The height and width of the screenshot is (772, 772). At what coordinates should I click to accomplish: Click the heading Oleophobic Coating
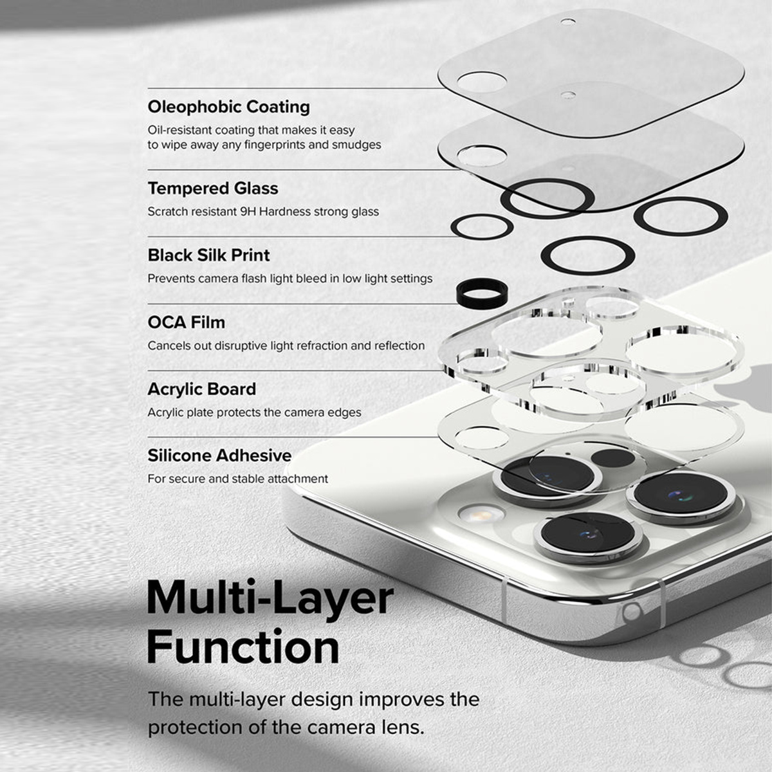tap(229, 107)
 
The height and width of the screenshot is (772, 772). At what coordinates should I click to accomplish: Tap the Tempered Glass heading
tap(213, 188)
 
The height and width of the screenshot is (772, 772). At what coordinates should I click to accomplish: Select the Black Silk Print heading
tap(208, 255)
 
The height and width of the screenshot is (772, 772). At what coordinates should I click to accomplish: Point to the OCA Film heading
tap(187, 322)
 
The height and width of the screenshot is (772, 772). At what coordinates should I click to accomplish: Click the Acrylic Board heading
tap(201, 389)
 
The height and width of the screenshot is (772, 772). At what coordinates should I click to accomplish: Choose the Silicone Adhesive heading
tap(219, 455)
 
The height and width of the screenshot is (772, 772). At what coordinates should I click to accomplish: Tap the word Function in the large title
tap(243, 647)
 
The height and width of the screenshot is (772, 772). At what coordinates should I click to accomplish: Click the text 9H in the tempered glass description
tap(248, 212)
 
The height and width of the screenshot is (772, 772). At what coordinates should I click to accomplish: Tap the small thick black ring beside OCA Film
tap(482, 293)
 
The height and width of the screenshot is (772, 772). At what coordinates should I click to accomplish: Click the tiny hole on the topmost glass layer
tap(568, 22)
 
